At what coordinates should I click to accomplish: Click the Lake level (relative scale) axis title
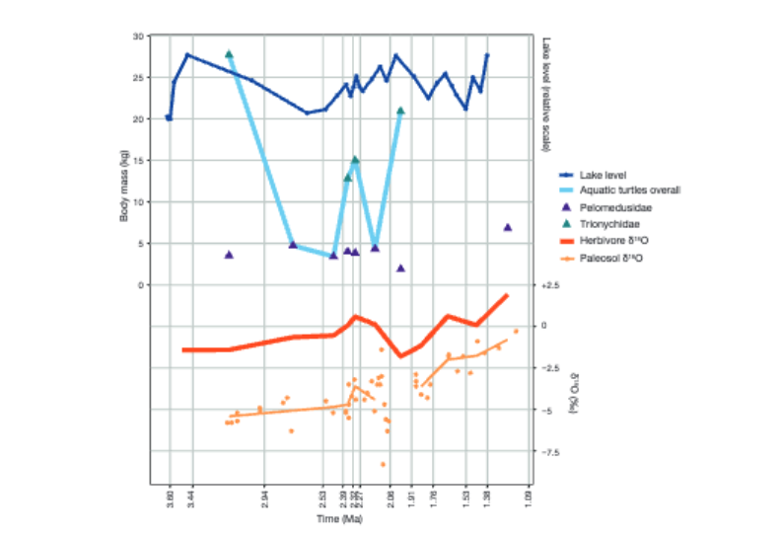pos(545,94)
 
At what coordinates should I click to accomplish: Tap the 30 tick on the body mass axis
pos(138,37)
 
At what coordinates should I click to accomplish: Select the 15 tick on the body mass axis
pos(138,161)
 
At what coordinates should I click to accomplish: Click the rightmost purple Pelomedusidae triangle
pos(508,227)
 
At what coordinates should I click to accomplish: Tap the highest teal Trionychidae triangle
pos(229,54)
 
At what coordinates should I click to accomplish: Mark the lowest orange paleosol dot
pos(383,464)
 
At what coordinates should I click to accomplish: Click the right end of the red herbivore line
pos(507,295)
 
